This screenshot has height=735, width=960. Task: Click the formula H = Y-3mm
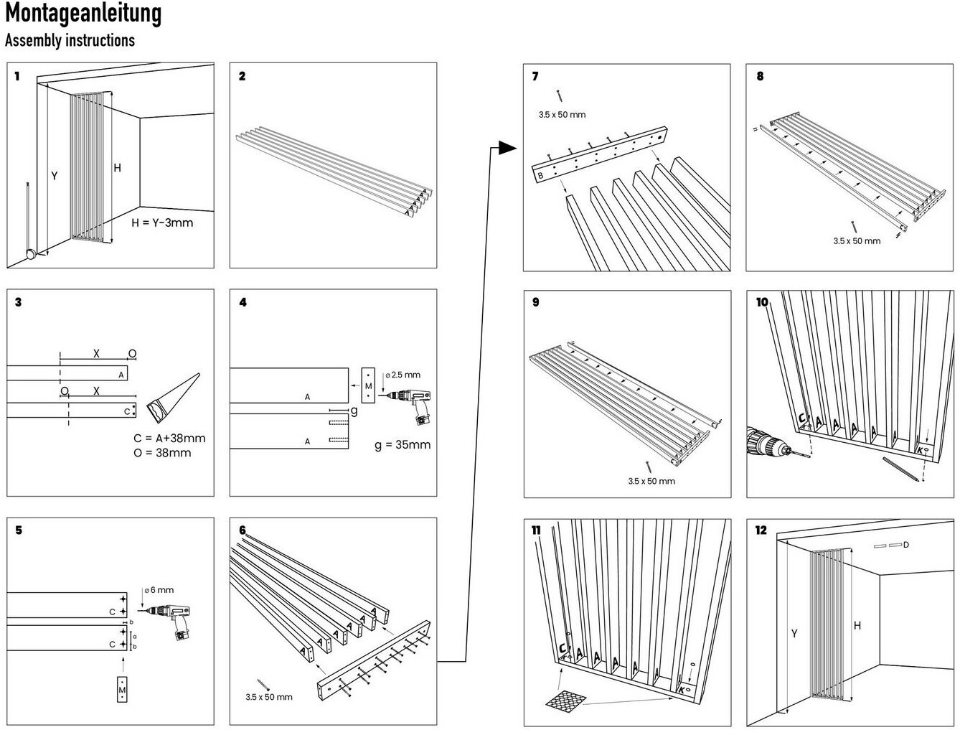tap(162, 223)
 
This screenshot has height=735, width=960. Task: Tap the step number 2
tap(243, 76)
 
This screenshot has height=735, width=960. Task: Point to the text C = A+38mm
tap(169, 438)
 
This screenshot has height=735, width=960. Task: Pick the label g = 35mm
tap(403, 444)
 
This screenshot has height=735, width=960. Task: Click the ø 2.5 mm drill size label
tap(403, 375)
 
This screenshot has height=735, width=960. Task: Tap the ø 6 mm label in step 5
tap(159, 590)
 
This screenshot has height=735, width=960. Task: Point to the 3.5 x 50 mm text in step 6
tap(268, 697)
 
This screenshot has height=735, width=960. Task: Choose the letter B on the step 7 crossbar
tap(541, 175)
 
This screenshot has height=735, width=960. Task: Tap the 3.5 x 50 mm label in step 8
tap(857, 241)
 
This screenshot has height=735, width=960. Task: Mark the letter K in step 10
tap(920, 451)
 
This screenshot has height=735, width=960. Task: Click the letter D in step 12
tap(906, 545)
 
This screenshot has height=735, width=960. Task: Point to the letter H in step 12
tap(857, 626)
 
